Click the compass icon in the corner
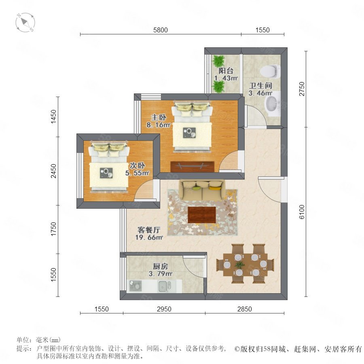click(x=25, y=23)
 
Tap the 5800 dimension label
click(x=161, y=30)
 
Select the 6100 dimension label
click(x=302, y=212)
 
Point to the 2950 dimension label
click(x=164, y=309)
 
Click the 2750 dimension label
click(x=302, y=89)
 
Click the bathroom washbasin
click(x=272, y=104)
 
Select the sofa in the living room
click(x=202, y=190)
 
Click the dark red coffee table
click(x=202, y=215)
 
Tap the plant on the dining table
click(x=239, y=265)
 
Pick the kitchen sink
click(x=165, y=286)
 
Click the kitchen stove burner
click(x=135, y=286)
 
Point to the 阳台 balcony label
click(x=226, y=70)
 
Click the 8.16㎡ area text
click(x=158, y=125)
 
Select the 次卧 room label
click(x=138, y=165)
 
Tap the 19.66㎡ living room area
click(x=149, y=237)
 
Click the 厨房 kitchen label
click(x=161, y=266)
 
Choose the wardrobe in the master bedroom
click(x=192, y=167)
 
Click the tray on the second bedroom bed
click(x=106, y=173)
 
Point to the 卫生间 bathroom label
click(x=260, y=86)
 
